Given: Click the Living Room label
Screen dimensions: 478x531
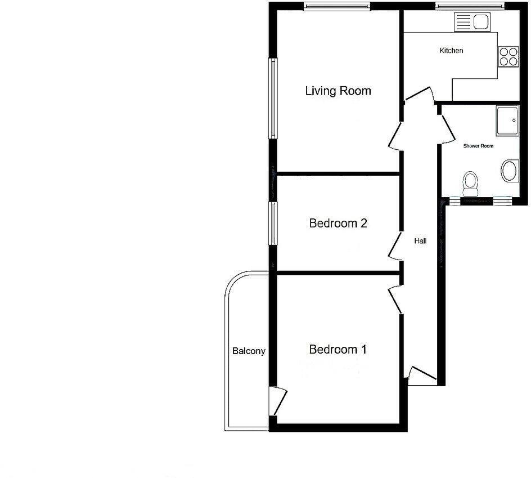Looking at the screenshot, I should [x=338, y=91].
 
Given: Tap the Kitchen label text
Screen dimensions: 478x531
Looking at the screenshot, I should [x=451, y=51].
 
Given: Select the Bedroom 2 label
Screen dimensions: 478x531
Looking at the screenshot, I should [x=338, y=224].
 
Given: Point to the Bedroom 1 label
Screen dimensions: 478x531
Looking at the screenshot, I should [x=338, y=350].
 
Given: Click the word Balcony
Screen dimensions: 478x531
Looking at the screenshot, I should [x=249, y=351].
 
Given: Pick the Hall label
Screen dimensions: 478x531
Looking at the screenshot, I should [x=420, y=241].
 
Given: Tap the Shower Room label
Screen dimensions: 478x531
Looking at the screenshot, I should [x=478, y=146].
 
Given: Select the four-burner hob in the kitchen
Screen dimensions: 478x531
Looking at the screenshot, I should [x=508, y=55].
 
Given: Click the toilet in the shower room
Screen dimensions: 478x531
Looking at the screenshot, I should [x=470, y=181].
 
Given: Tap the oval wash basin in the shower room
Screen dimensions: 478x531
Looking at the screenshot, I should [x=510, y=171].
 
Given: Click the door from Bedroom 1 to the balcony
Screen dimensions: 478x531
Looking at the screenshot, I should [x=278, y=401].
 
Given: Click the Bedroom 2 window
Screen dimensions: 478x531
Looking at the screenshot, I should [x=273, y=223].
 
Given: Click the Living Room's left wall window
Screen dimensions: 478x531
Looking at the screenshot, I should [x=273, y=99].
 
